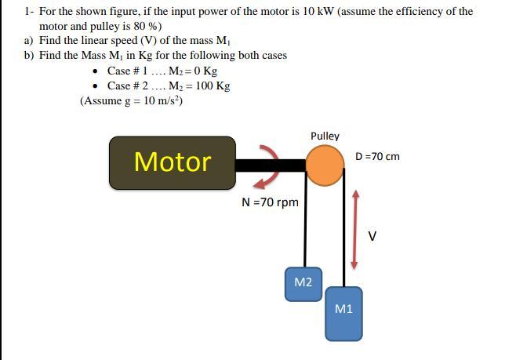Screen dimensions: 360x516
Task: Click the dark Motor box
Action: (173, 162)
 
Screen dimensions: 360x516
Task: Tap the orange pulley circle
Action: (324, 165)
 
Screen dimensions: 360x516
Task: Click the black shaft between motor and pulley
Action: (270, 165)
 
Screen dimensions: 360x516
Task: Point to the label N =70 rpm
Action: (270, 202)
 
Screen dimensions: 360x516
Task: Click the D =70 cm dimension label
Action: (377, 156)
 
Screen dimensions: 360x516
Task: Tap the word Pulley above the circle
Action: (325, 136)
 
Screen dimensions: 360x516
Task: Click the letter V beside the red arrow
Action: (372, 236)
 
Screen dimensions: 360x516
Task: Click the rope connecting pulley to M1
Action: (343, 235)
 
